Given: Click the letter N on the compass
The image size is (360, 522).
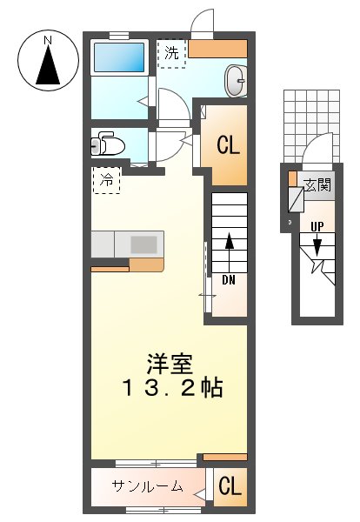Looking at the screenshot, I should pos(49,40).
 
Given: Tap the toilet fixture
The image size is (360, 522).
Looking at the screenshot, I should pos(109,144).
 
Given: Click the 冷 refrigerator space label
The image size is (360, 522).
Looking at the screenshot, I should pos(106,181).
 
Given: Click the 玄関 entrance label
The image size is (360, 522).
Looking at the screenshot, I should pos(318,184).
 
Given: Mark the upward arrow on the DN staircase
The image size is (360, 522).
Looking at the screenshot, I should pos(230,248).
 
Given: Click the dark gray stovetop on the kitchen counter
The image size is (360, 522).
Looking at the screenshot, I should pos(144,244).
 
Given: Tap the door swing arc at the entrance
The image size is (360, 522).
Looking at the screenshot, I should pos(317,148).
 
